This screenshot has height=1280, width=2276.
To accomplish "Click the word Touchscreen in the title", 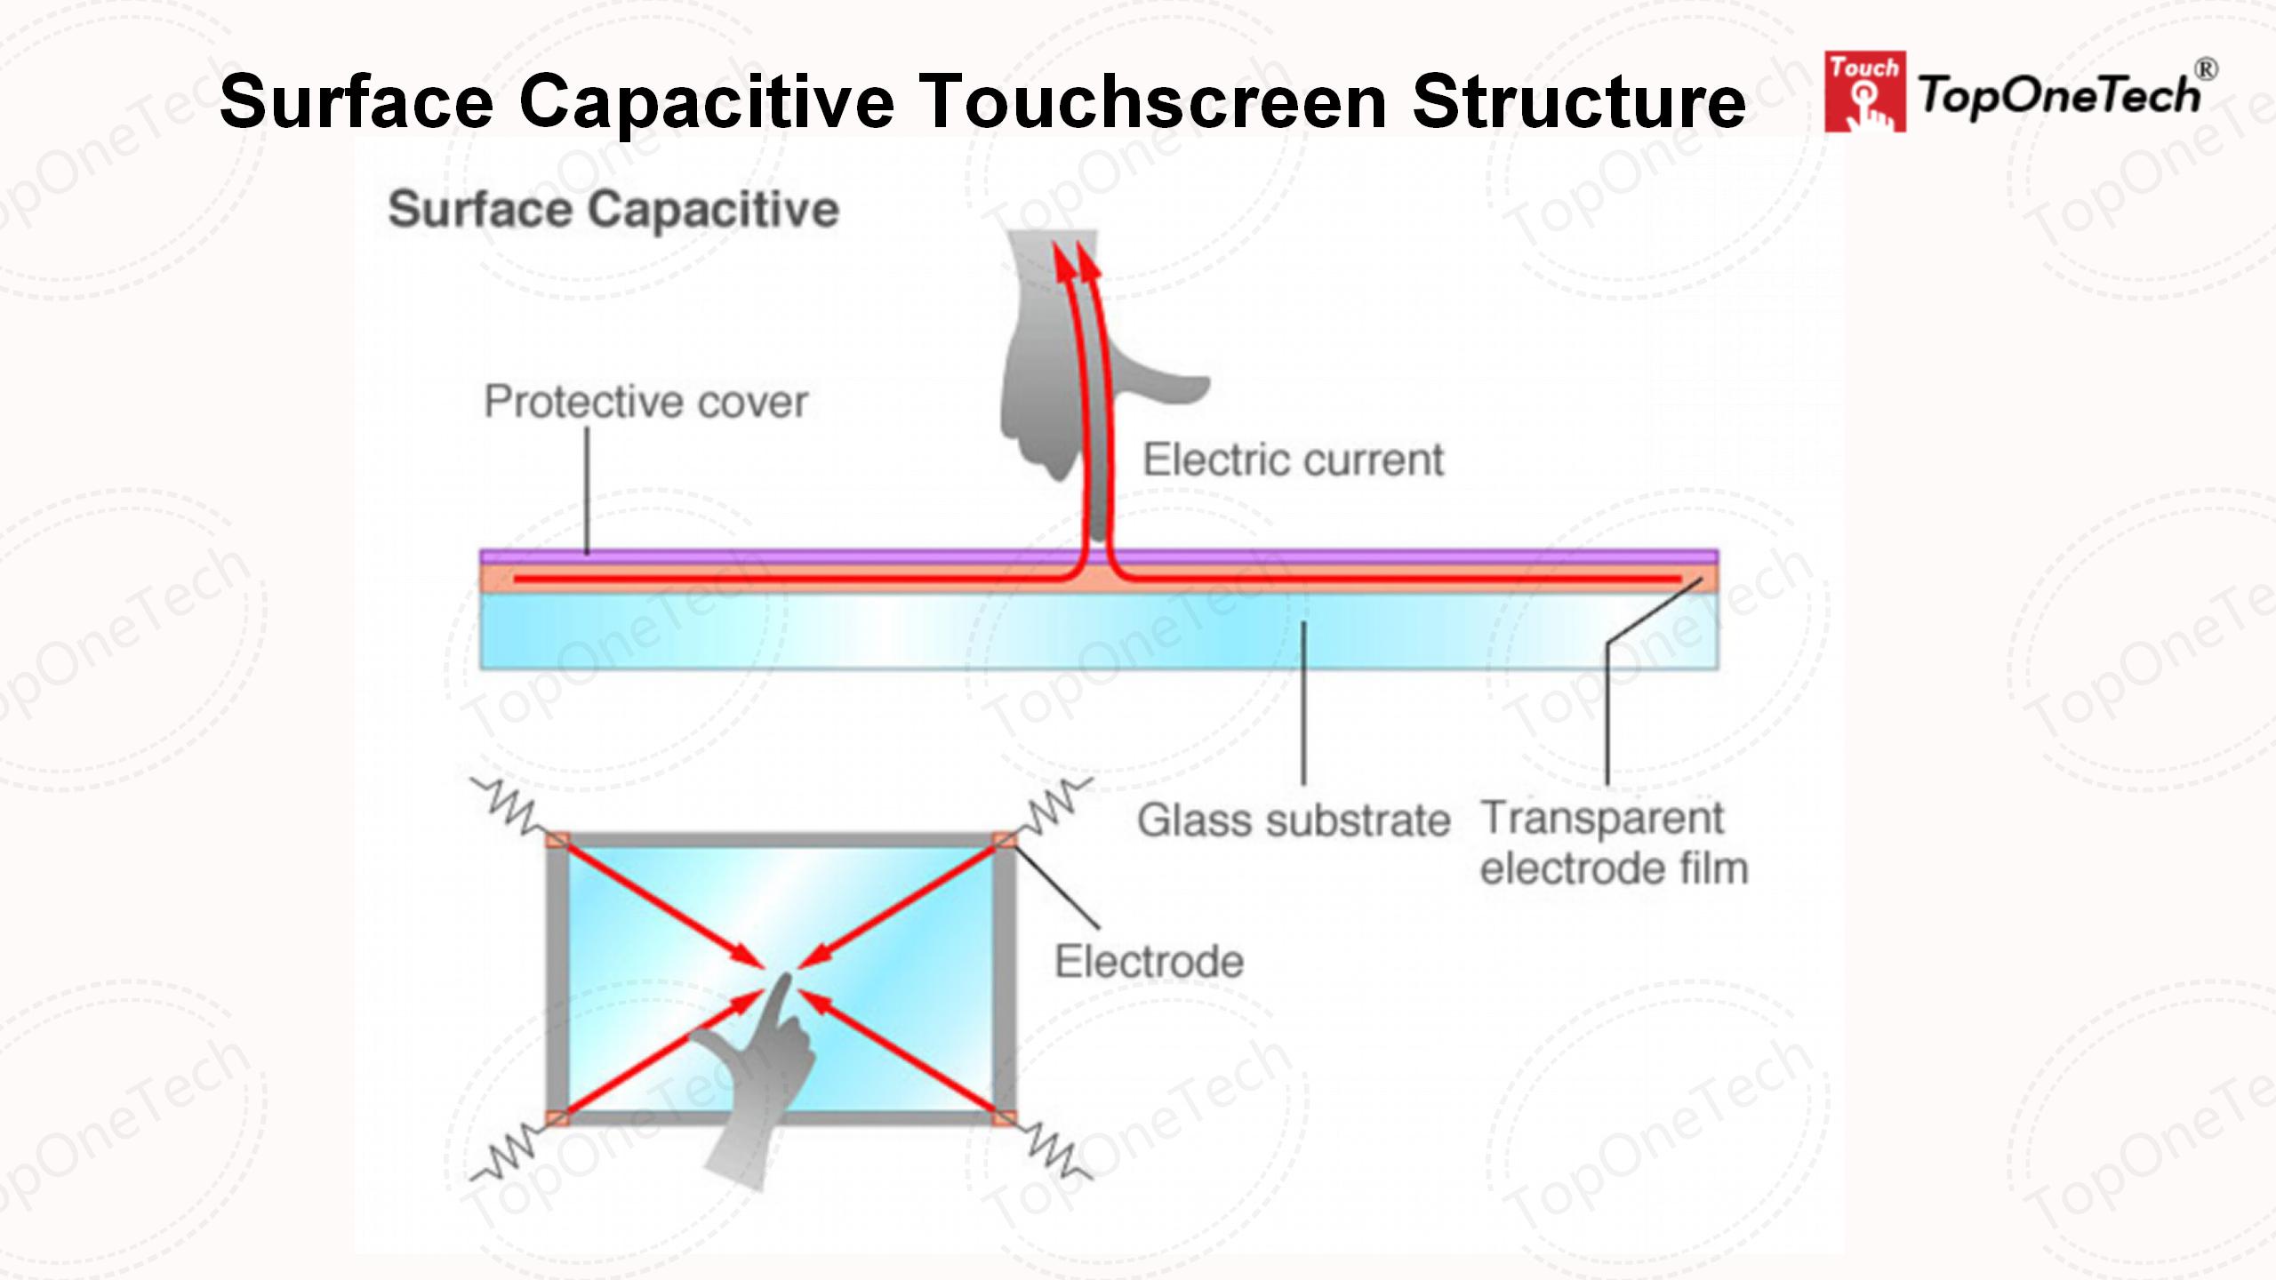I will click(x=1153, y=102).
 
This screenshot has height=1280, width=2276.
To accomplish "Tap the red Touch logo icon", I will click(x=1864, y=92).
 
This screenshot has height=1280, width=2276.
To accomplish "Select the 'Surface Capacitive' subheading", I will click(x=613, y=210).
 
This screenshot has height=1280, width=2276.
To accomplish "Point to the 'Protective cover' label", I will click(x=645, y=402).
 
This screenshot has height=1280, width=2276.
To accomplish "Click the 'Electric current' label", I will click(x=1293, y=460).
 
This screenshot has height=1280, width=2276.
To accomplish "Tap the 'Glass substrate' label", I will click(x=1294, y=820).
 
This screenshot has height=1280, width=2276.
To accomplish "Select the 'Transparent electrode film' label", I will click(x=1613, y=843).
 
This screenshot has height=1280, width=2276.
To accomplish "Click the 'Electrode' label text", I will click(x=1149, y=962).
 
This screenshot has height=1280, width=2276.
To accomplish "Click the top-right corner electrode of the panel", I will click(x=1004, y=840).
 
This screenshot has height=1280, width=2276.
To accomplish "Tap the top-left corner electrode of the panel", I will click(x=557, y=840).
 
